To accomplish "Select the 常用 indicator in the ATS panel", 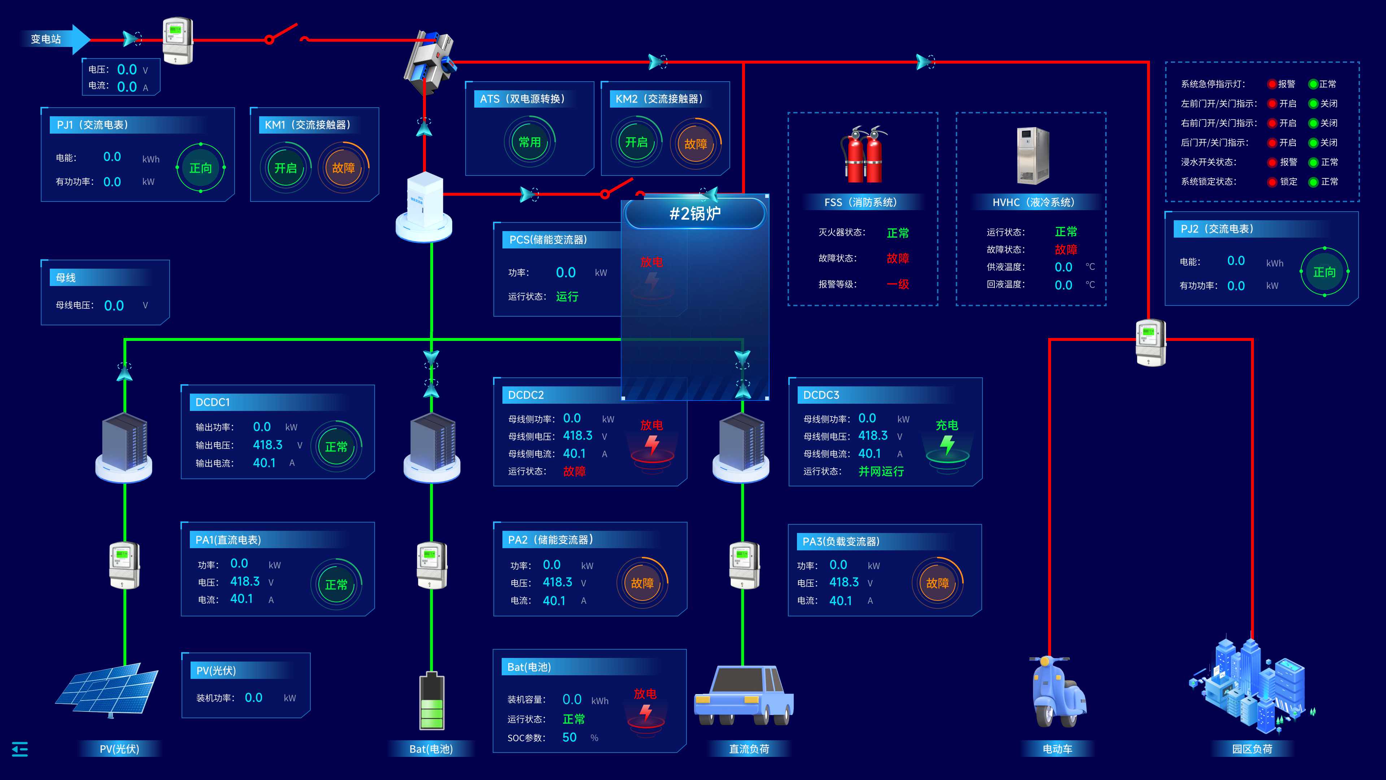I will (x=529, y=142).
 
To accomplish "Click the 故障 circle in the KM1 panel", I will (x=343, y=168).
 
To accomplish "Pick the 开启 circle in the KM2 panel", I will (x=636, y=142).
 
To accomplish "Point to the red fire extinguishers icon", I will (x=863, y=155).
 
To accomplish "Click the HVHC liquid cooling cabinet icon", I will (x=1032, y=156).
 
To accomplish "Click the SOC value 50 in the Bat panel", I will (x=569, y=737).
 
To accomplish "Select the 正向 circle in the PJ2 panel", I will (x=1324, y=272).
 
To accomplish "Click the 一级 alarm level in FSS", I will (x=897, y=284).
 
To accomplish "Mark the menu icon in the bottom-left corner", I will (x=20, y=749).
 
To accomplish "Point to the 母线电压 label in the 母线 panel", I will (x=75, y=305).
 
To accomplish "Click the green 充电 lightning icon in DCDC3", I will (x=947, y=445).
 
